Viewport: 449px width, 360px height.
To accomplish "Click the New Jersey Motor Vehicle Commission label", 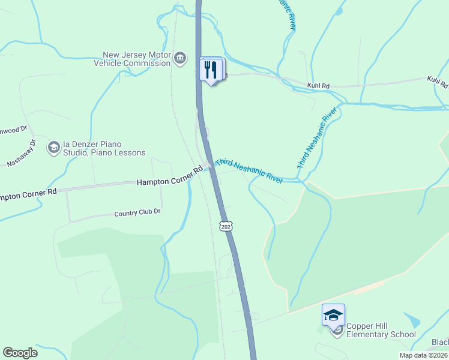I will pos(137,58).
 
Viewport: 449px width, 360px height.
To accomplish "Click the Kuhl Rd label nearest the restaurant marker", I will pos(318,86).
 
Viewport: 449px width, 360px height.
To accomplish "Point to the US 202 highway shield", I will pos(226,226).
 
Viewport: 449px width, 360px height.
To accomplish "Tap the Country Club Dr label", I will pos(137,212).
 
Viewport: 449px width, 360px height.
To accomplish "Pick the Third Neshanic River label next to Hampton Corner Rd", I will pos(249,171).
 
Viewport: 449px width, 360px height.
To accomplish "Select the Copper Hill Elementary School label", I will pos(381,330).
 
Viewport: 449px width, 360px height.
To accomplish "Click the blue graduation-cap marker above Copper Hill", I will pos(334,314).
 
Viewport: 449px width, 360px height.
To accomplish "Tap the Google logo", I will pos(20,353).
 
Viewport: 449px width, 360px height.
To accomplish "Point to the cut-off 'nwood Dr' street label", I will pos(13,129).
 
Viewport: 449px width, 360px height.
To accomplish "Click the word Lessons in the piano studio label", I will pos(128,152).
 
